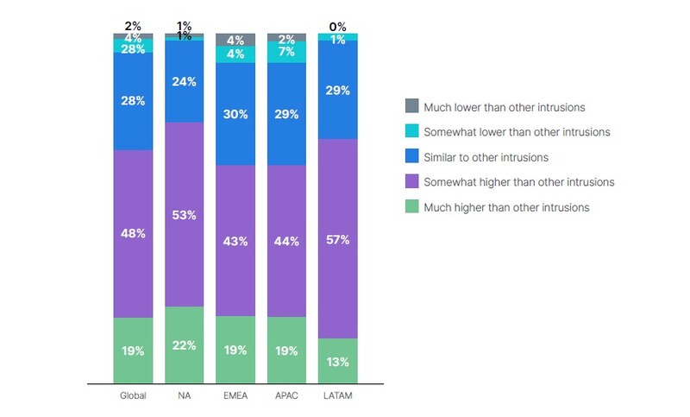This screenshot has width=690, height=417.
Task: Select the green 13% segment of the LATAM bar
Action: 338,360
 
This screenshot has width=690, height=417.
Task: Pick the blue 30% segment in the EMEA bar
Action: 235,113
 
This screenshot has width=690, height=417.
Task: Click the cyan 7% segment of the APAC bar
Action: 287,53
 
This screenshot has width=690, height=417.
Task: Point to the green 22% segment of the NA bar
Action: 184,344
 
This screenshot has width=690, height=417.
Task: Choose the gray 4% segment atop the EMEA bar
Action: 235,39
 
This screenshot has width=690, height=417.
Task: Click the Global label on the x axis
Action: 133,396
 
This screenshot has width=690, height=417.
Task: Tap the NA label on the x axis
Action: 184,396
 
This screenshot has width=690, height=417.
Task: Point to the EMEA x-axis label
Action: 235,396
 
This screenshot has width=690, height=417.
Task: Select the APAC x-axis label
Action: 287,396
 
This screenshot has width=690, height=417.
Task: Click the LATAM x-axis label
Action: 338,396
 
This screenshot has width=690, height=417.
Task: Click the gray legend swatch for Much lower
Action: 411,107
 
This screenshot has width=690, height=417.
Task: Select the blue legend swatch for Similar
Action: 411,157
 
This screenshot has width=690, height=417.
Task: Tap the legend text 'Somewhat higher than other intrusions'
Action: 518,182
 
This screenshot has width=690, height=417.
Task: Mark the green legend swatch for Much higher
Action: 411,207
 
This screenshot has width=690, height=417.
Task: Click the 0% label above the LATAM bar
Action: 338,28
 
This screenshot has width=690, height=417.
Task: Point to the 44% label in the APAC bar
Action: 287,242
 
